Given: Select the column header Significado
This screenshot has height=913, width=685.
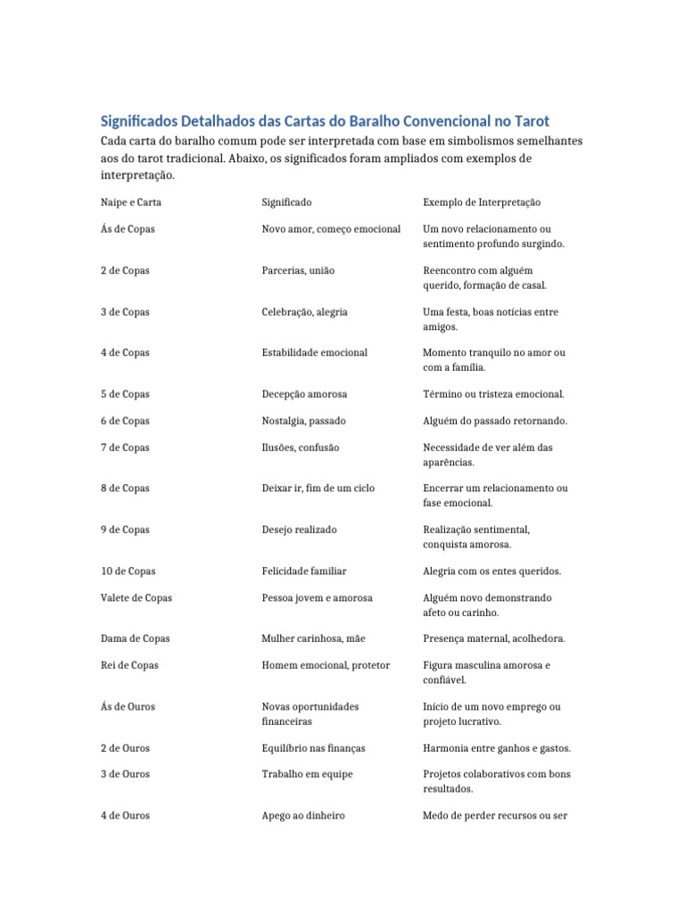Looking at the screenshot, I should point(286,202).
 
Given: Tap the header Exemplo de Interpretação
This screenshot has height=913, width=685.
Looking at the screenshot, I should point(482,202).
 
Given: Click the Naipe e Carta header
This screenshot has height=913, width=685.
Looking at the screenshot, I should point(131,202).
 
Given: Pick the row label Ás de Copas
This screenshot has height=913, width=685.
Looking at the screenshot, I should point(128,229).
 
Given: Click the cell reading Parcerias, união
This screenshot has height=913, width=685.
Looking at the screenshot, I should point(298,270).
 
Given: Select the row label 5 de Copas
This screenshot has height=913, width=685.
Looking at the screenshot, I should point(125,394).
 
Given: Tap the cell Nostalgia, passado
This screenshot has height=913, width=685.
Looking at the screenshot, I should point(303,421).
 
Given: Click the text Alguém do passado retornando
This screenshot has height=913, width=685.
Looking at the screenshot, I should point(494,421).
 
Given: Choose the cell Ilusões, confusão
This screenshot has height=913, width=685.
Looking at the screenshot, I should point(300,448).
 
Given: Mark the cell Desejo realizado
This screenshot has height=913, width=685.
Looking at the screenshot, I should point(299,530).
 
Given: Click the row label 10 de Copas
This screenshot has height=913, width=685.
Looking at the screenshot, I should point(128,571).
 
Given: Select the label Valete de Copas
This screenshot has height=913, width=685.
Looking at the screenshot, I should point(136,597).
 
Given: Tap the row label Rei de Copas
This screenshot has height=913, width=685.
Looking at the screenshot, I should point(129,665).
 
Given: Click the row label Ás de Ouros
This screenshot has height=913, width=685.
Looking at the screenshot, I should point(128,706).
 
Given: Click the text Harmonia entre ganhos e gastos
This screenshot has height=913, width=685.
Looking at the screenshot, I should point(497,747).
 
